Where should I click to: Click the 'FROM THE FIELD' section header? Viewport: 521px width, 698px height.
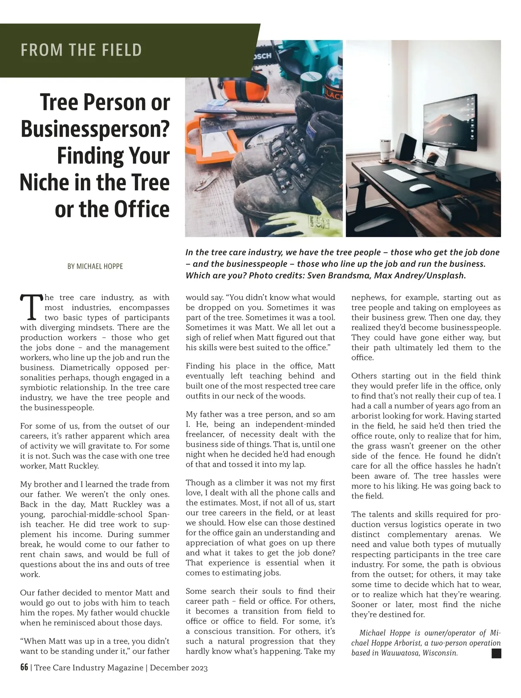(81, 50)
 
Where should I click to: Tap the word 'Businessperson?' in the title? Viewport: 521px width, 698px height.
(95, 129)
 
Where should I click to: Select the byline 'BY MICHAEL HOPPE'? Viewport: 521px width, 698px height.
(95, 266)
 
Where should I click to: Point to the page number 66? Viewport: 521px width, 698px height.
(24, 668)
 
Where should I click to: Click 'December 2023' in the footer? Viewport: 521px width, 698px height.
(178, 668)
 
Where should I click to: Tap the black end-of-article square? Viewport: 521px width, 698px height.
(496, 653)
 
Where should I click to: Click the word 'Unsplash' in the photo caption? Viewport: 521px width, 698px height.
(446, 276)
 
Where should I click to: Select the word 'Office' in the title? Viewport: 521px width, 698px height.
(142, 209)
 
